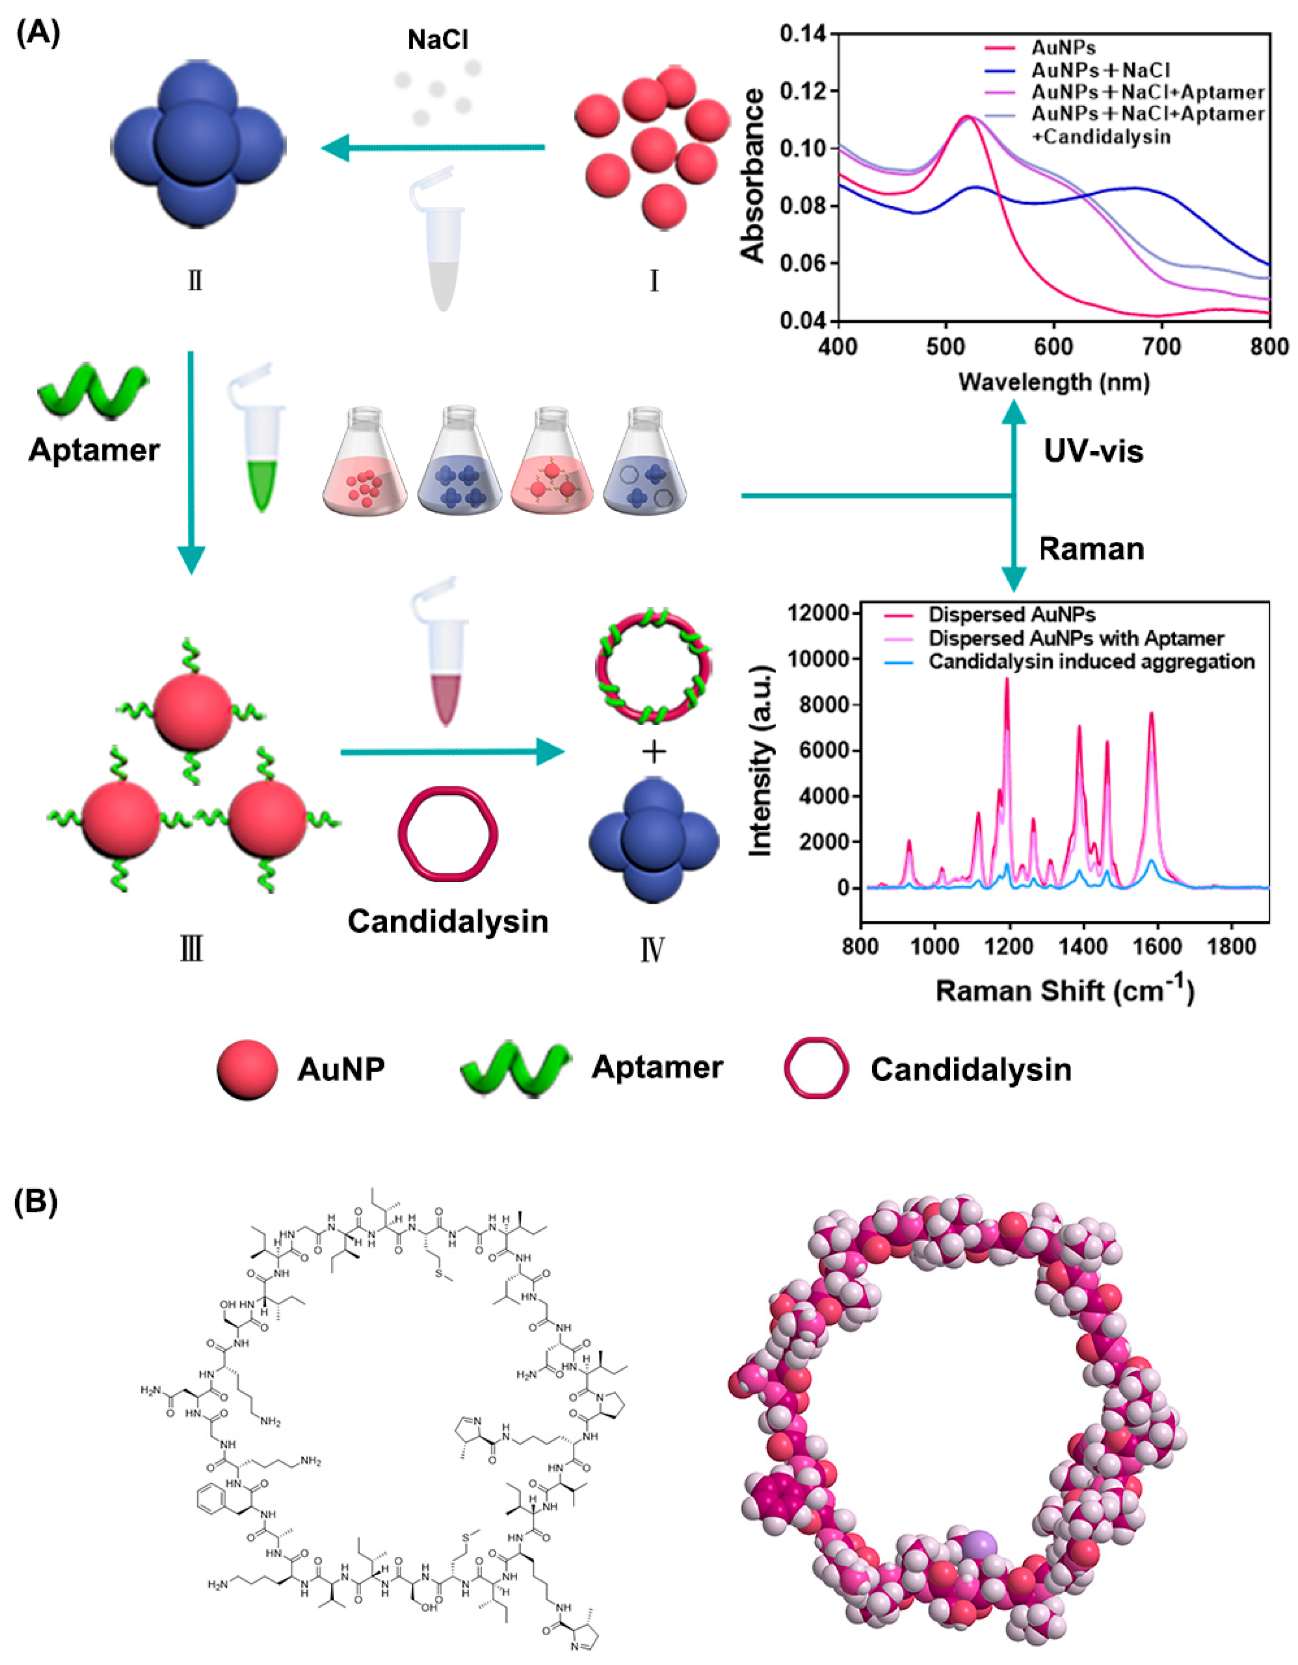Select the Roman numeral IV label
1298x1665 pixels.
(653, 949)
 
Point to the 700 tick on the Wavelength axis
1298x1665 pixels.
(1161, 347)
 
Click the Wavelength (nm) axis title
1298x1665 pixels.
(1054, 381)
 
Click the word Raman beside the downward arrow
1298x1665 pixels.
(1091, 549)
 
